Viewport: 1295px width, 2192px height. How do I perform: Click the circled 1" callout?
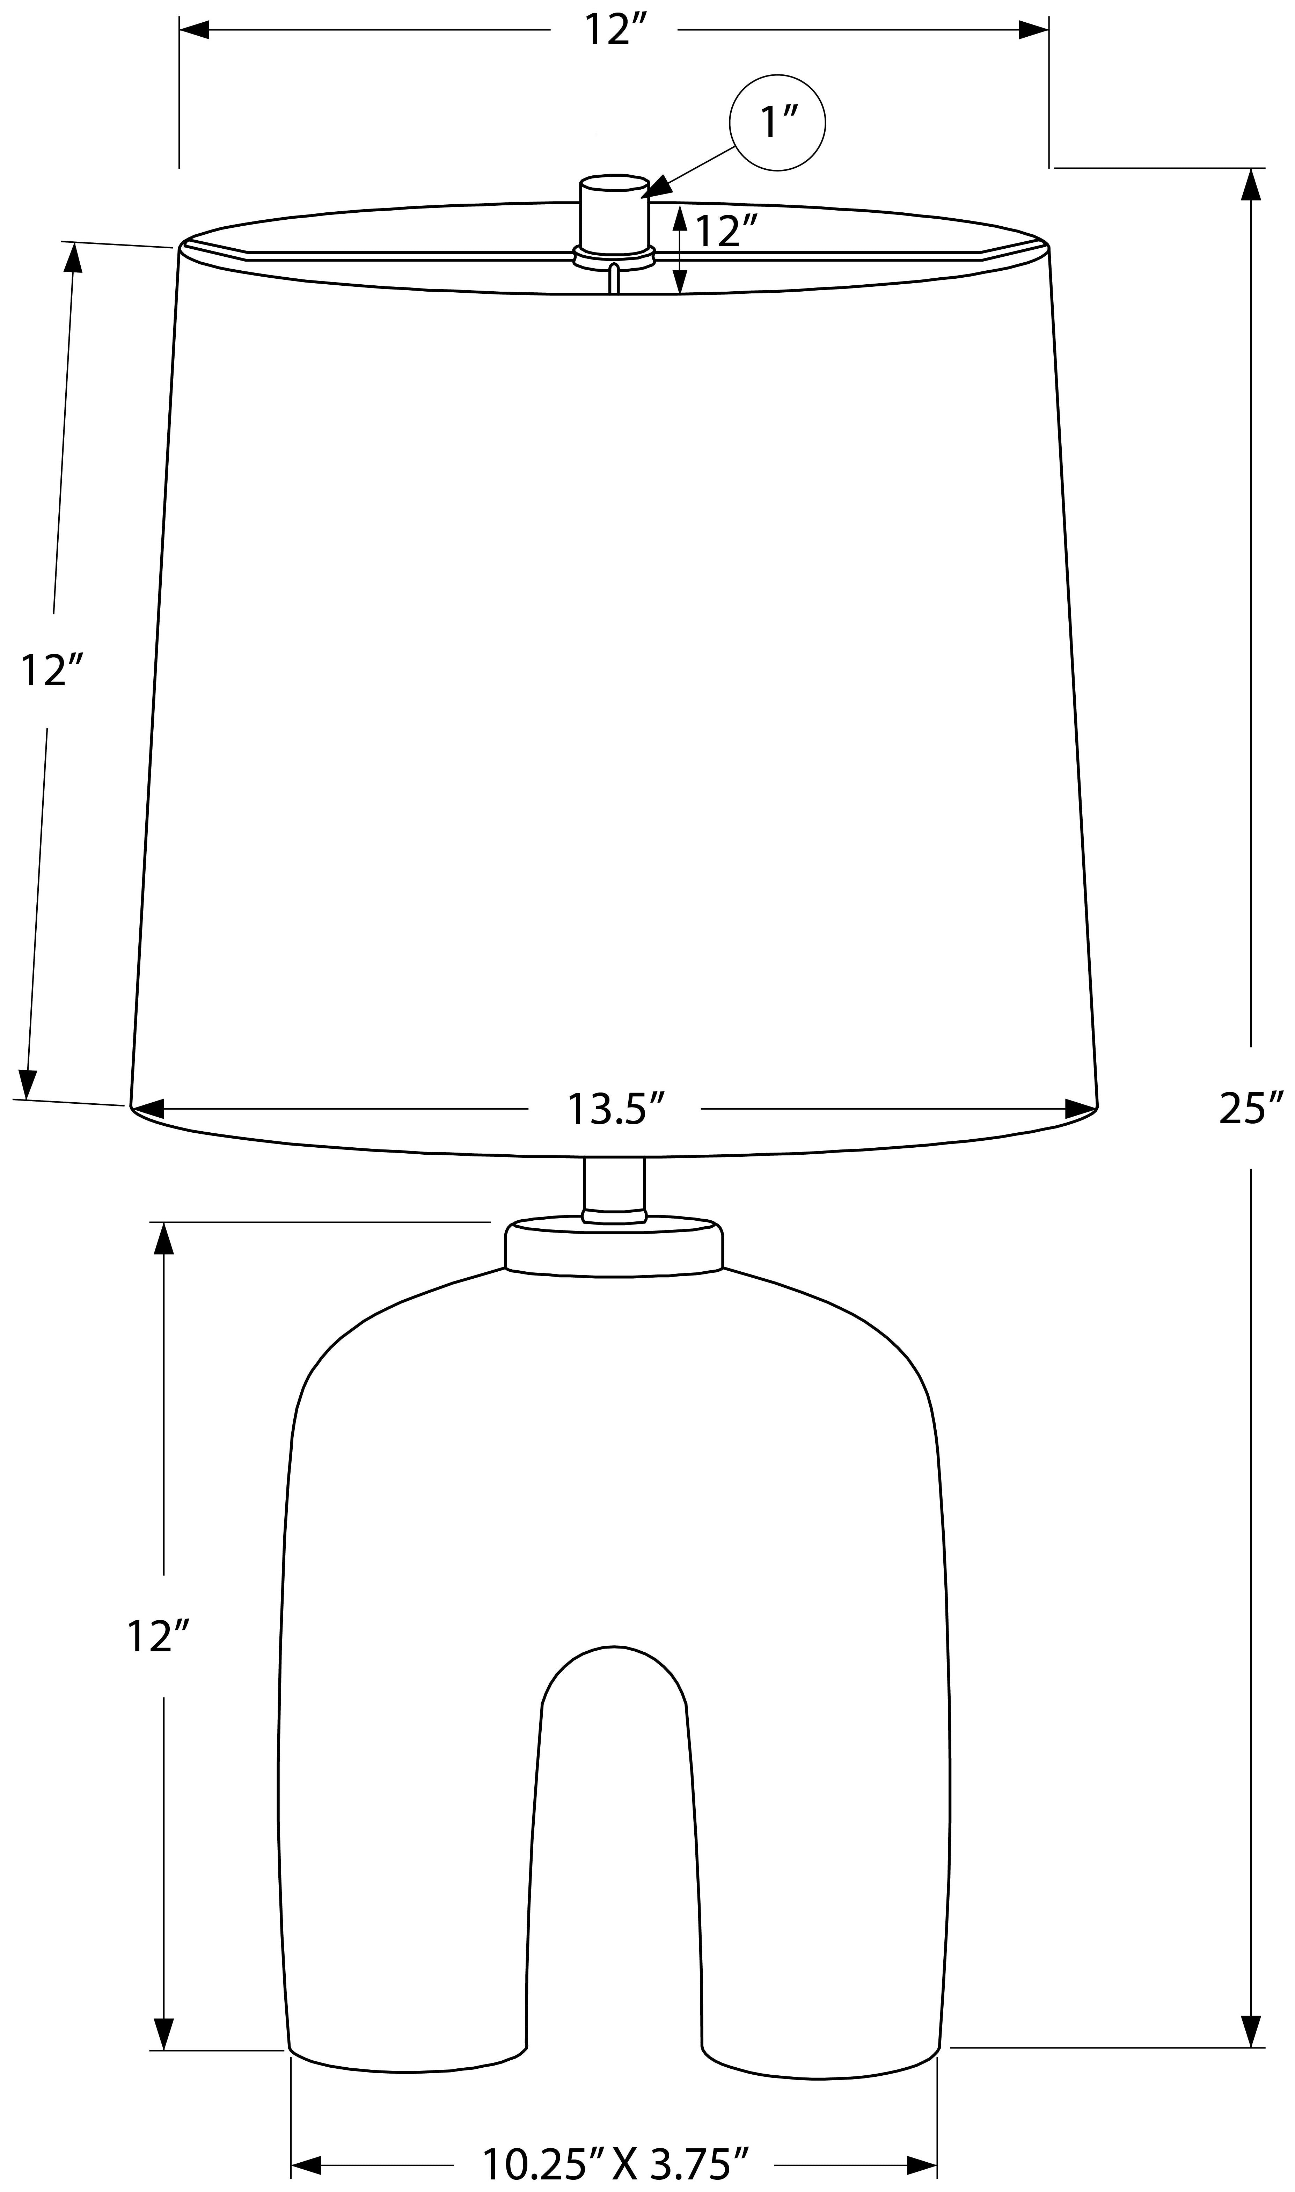point(777,122)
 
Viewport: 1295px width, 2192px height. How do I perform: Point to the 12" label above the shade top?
point(614,30)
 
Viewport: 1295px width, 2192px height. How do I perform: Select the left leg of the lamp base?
point(406,1920)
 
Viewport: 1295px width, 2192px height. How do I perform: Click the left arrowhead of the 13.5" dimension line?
point(148,1109)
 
